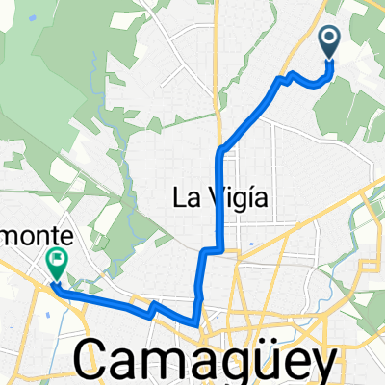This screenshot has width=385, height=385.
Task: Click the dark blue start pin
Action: [329, 40]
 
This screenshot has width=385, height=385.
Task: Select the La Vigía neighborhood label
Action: [218, 198]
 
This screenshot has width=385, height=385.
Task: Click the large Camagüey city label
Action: [208, 361]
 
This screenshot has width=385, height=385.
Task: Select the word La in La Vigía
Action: [183, 198]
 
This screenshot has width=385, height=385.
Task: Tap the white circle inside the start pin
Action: [329, 38]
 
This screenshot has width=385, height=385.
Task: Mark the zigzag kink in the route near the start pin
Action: [286, 77]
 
